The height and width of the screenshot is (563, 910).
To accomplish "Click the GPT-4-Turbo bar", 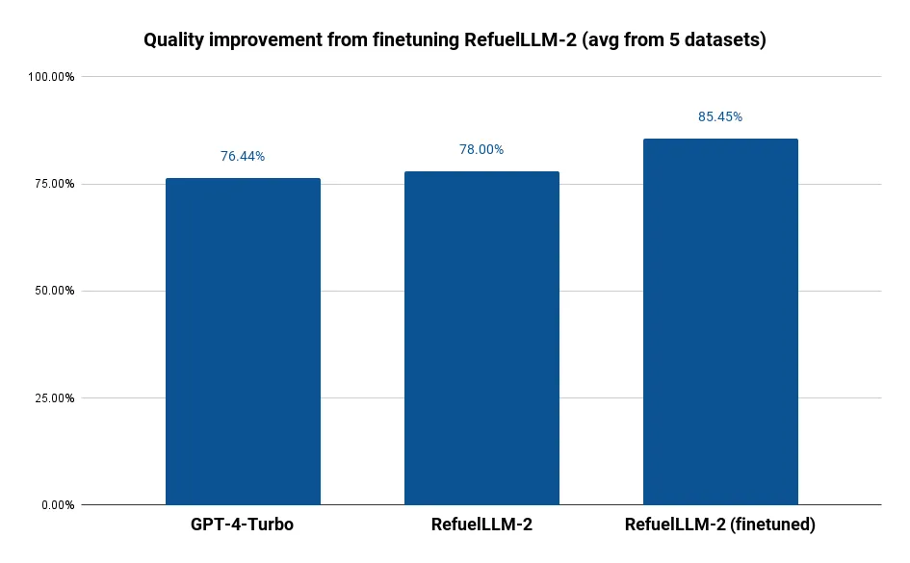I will pyautogui.click(x=243, y=342).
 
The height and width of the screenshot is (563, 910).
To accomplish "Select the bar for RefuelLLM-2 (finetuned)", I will pyautogui.click(x=720, y=322).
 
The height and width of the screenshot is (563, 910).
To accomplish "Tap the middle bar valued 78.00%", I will pyautogui.click(x=481, y=338).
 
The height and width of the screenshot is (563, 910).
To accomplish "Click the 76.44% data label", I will pyautogui.click(x=243, y=156).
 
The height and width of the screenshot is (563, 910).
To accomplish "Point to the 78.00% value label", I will pyautogui.click(x=481, y=149).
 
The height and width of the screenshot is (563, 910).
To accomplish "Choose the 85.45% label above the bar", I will pyautogui.click(x=720, y=116).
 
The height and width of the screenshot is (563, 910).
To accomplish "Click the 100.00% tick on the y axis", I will pyautogui.click(x=52, y=77).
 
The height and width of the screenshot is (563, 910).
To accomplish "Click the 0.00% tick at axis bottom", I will pyautogui.click(x=58, y=505).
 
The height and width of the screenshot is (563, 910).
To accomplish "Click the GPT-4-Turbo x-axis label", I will pyautogui.click(x=243, y=525).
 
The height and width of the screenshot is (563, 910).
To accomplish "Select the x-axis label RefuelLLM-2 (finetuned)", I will pyautogui.click(x=720, y=525).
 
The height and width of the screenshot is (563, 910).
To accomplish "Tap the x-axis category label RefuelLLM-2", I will pyautogui.click(x=481, y=525).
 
